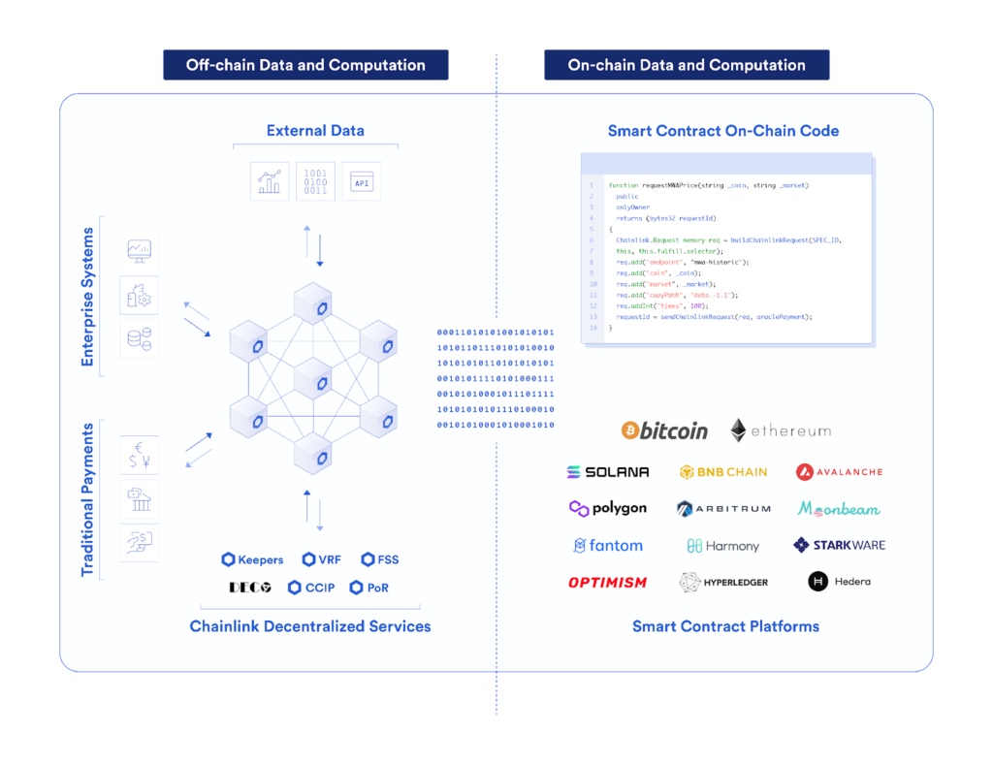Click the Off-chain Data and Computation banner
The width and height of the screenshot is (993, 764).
point(305,65)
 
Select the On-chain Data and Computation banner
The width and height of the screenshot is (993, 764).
point(687,65)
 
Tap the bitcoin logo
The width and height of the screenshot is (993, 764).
point(664,430)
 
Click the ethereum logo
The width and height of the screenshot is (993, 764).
point(781,430)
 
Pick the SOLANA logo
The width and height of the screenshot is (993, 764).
point(608,472)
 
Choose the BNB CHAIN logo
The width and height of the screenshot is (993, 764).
point(723,472)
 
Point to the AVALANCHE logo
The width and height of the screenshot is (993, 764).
point(839,472)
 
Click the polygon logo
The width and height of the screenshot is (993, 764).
point(608,508)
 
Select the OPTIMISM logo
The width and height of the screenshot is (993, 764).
point(608,582)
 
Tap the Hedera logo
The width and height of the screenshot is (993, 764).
point(839,582)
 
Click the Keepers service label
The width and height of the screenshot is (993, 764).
point(252,559)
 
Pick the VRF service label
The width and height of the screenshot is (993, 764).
point(321,559)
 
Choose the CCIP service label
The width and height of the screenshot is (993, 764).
point(312,588)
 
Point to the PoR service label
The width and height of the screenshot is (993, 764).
point(369,588)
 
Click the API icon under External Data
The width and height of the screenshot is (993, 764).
point(362,181)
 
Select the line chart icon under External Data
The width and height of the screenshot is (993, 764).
point(270,181)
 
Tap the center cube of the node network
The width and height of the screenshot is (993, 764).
point(313,378)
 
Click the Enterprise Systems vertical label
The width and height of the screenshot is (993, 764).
point(87,297)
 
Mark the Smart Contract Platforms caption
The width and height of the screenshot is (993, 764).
point(725,626)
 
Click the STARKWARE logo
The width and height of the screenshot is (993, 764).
point(839,545)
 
